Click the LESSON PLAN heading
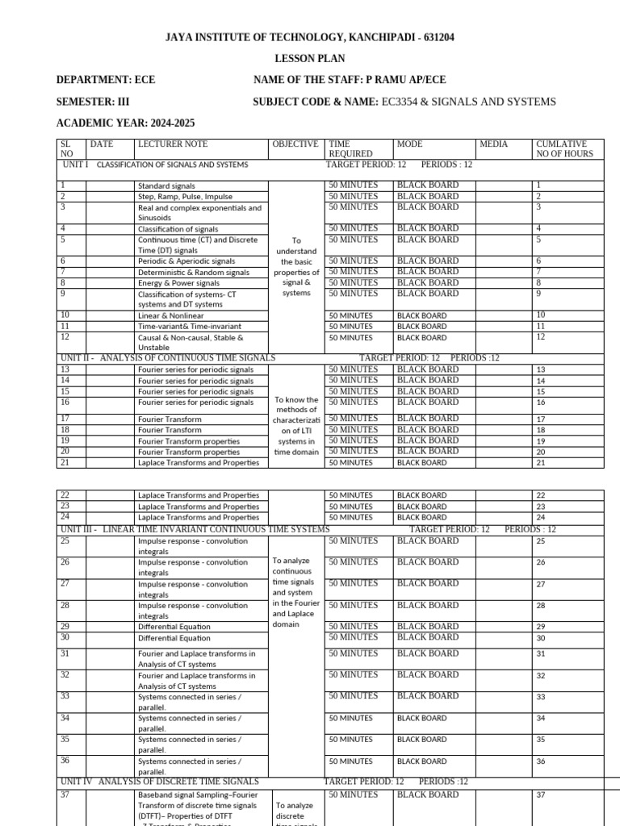[x=310, y=59]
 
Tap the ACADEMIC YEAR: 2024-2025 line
[x=125, y=123]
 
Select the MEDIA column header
[x=493, y=144]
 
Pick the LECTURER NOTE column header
[x=173, y=144]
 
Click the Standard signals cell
[x=167, y=186]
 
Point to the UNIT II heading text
[x=168, y=357]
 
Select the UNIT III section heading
[x=195, y=529]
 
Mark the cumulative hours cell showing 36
[x=541, y=761]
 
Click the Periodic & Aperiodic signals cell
[x=186, y=261]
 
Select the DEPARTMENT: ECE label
[x=106, y=80]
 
